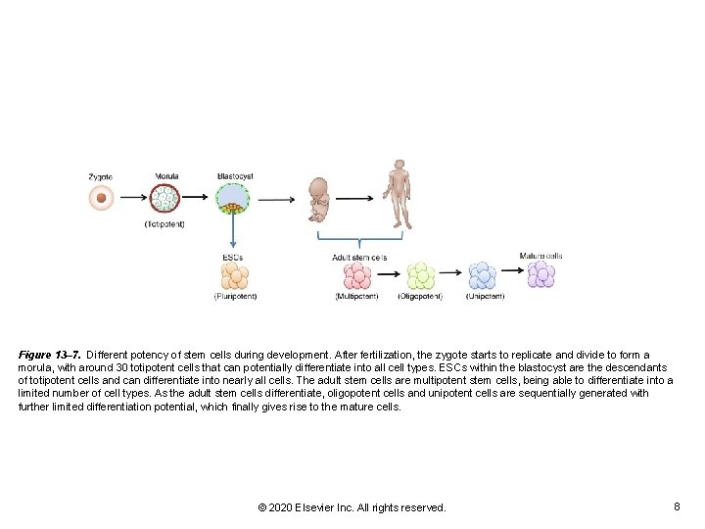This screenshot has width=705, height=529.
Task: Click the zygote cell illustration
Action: click(x=101, y=199)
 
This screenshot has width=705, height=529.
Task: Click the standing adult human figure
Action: click(x=398, y=193)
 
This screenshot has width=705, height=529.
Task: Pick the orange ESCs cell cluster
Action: click(x=233, y=275)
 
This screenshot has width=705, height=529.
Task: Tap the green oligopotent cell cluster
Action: click(x=420, y=275)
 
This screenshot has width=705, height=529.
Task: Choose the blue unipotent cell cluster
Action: click(x=483, y=275)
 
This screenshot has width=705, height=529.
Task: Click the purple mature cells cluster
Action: click(x=540, y=273)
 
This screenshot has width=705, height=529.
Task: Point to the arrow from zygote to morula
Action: click(x=133, y=199)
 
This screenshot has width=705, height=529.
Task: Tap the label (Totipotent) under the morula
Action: click(x=164, y=224)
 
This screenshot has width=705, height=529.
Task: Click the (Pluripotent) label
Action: click(x=235, y=296)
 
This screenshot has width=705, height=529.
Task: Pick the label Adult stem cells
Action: click(x=359, y=258)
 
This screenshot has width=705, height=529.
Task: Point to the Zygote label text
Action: click(x=100, y=176)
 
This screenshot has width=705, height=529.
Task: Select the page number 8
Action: click(x=677, y=506)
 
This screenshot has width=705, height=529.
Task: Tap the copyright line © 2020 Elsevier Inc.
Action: click(x=352, y=507)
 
